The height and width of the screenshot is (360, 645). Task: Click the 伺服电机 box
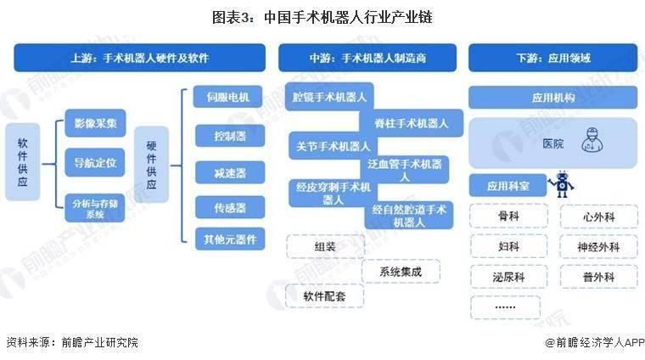click(x=228, y=97)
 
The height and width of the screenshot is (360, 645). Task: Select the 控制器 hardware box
click(x=230, y=136)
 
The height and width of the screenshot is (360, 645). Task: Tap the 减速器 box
click(x=230, y=172)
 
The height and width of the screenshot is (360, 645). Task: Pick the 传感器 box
click(x=230, y=207)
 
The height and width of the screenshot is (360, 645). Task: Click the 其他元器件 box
click(x=230, y=239)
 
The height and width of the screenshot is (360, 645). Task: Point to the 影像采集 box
click(x=95, y=123)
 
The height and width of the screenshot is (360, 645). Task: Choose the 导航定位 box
click(x=95, y=162)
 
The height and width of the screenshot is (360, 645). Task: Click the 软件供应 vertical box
click(x=23, y=162)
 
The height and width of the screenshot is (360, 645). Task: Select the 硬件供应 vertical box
click(x=151, y=165)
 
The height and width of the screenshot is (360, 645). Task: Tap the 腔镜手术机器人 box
click(x=329, y=97)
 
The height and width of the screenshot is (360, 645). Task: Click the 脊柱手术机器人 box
click(x=411, y=123)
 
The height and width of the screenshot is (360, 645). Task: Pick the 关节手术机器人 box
click(x=334, y=146)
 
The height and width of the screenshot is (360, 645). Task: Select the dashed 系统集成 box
click(x=401, y=271)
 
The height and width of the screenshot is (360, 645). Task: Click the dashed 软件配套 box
click(x=324, y=295)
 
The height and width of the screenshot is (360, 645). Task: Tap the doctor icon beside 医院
click(x=592, y=140)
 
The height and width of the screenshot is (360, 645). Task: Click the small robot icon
click(x=561, y=184)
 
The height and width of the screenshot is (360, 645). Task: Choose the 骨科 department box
click(x=509, y=216)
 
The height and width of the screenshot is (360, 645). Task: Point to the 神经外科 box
click(x=598, y=247)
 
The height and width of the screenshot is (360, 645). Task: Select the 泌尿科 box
click(x=509, y=277)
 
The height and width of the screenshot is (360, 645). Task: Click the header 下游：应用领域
click(x=553, y=58)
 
